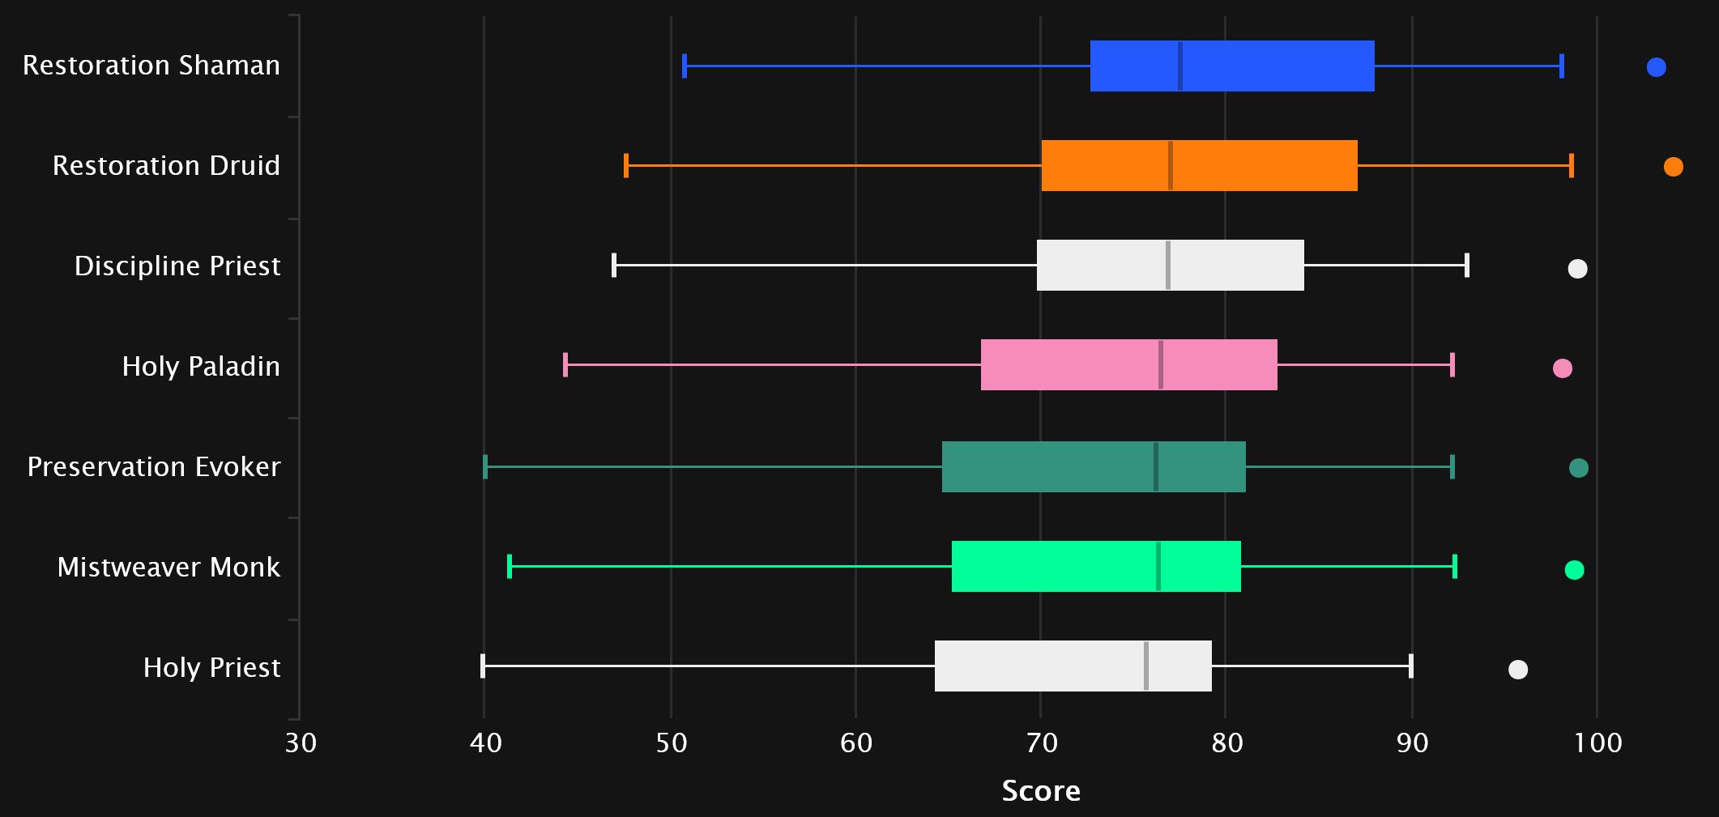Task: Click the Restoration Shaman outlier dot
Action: [1656, 67]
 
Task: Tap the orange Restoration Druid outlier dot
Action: [1673, 167]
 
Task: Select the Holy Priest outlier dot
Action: [1517, 670]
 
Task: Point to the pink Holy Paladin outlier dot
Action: [1562, 368]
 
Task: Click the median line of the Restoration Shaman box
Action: [1179, 66]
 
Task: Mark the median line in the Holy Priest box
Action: [1145, 666]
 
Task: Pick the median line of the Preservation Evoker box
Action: [1155, 466]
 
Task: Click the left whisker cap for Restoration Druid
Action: [626, 165]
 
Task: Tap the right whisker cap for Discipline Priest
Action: [1466, 265]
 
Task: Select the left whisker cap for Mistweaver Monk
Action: [510, 566]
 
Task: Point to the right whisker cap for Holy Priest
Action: [1411, 666]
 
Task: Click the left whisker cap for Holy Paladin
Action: [565, 365]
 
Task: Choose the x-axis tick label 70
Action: [1041, 743]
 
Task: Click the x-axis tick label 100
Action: [1597, 743]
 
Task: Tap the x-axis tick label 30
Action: [301, 743]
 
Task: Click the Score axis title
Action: [1041, 790]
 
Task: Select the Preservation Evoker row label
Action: [154, 466]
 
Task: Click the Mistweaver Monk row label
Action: [168, 567]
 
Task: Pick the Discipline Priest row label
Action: [177, 266]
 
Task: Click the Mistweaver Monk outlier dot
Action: [1574, 570]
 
